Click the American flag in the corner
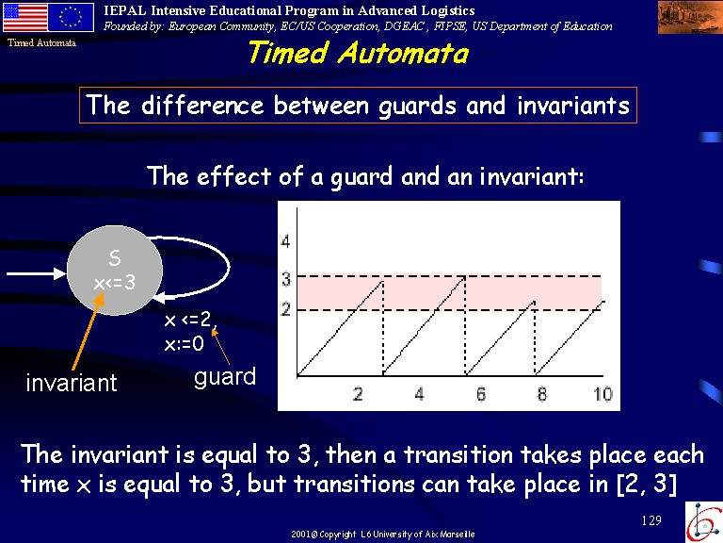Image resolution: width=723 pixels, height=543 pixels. (x=24, y=17)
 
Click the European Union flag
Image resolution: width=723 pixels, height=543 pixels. (x=71, y=17)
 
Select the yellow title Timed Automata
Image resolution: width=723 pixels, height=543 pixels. (x=359, y=52)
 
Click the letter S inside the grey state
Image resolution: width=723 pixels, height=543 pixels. (x=115, y=257)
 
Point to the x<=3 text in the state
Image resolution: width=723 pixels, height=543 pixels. (x=115, y=282)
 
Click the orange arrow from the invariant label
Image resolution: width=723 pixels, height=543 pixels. (x=88, y=331)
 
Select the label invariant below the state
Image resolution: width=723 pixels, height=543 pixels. (x=72, y=383)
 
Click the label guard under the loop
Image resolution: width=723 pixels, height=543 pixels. (x=225, y=377)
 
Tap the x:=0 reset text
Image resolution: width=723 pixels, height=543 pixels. (x=184, y=343)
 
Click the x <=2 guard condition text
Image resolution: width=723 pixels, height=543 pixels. (x=188, y=319)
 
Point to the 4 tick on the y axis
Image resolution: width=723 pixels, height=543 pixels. (x=285, y=241)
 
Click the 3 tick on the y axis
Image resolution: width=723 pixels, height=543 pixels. (x=286, y=279)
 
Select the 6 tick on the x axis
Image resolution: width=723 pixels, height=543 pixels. (x=480, y=394)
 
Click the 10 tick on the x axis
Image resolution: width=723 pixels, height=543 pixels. (x=602, y=394)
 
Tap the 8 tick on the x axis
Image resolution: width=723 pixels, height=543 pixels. (x=542, y=394)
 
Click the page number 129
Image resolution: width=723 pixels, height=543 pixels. (x=651, y=520)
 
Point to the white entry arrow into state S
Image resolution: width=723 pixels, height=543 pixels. (x=37, y=273)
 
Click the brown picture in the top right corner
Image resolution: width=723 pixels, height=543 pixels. (x=690, y=17)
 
